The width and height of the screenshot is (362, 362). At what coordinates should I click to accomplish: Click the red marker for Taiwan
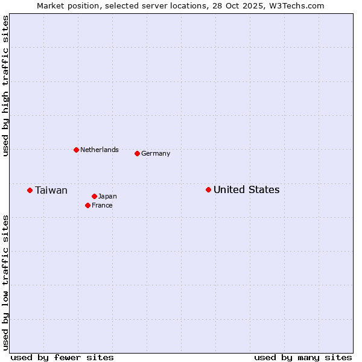(x=30, y=191)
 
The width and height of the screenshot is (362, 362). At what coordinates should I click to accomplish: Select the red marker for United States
(x=208, y=190)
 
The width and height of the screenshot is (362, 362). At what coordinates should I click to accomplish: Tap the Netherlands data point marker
(x=76, y=150)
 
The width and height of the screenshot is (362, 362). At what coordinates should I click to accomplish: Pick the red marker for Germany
(x=137, y=154)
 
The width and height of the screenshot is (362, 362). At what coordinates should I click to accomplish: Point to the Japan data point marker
(x=94, y=197)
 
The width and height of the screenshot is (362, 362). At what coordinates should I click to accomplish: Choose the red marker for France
(x=87, y=206)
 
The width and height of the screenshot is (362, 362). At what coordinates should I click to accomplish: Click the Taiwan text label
(x=51, y=191)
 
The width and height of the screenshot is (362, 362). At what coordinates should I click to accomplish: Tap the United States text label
(x=246, y=190)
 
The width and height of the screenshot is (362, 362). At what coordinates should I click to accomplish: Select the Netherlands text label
(x=100, y=150)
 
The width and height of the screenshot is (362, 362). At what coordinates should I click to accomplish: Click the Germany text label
(x=156, y=154)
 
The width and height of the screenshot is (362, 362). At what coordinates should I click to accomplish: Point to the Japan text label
(x=107, y=197)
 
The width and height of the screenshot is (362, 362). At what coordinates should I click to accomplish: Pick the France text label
(x=102, y=206)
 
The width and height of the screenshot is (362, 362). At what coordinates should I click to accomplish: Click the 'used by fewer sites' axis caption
(x=62, y=357)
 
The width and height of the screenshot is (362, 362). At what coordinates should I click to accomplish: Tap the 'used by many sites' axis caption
(x=303, y=357)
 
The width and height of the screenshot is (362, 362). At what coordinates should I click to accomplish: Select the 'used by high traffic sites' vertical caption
(x=6, y=86)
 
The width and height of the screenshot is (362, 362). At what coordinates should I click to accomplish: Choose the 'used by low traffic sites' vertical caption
(x=6, y=282)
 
